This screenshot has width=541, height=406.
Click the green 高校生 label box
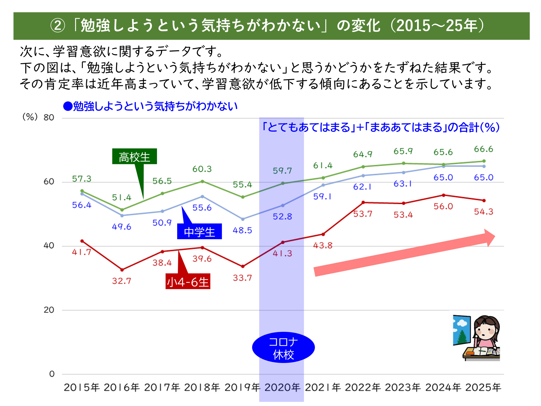(134, 156)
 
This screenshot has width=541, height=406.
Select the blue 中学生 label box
(199, 231)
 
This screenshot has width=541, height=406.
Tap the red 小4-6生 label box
(188, 281)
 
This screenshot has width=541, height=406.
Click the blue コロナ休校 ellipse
(283, 348)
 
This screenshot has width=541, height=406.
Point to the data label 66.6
(483, 149)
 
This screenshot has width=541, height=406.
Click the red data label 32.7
(121, 281)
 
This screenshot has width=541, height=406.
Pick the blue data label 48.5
(242, 230)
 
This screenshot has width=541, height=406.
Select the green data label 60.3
(202, 169)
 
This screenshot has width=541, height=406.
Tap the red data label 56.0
(443, 207)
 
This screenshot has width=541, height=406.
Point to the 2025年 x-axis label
(483, 388)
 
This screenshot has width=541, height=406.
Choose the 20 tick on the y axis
(49, 310)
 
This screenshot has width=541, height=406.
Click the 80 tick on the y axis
(49, 117)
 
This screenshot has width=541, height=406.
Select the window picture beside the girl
(461, 330)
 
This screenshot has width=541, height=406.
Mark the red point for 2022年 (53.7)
(363, 202)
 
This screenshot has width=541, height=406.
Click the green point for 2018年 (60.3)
(202, 181)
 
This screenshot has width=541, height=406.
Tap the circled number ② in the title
(58, 26)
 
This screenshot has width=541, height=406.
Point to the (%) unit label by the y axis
(30, 117)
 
